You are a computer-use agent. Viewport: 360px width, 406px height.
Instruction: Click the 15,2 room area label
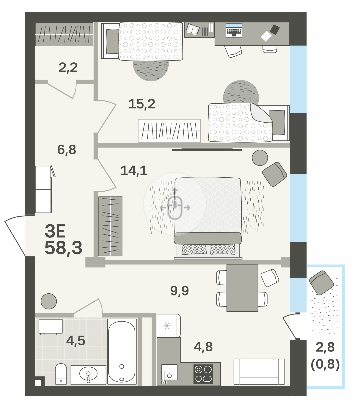[x=142, y=104]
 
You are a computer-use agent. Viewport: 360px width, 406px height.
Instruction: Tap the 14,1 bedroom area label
[x=134, y=171]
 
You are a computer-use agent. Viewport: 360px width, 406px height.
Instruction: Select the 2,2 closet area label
[x=68, y=68]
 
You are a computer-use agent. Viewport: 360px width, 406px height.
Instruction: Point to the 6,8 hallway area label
[x=67, y=149]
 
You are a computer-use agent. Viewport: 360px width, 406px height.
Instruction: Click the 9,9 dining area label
[x=180, y=290]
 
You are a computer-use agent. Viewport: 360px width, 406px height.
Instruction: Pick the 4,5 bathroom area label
[x=76, y=341]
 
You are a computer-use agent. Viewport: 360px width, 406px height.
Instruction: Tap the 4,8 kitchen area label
[x=203, y=347]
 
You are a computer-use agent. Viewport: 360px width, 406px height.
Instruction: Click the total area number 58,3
[x=63, y=248]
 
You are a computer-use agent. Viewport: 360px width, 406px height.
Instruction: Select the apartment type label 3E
[x=55, y=231]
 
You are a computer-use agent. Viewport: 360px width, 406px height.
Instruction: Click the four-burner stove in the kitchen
[x=203, y=374]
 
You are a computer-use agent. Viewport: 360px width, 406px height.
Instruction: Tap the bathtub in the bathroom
[x=122, y=351]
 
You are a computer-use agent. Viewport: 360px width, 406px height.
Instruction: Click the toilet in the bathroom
[x=61, y=374]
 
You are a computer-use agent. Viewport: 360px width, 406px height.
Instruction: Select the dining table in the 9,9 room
[x=242, y=288]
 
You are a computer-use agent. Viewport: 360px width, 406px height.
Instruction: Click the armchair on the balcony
[x=321, y=282]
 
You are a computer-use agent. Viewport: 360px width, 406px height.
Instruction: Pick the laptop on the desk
[x=234, y=30]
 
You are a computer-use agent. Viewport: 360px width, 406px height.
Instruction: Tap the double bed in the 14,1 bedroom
[x=208, y=217]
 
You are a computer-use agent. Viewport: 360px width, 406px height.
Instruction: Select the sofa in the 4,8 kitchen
[x=259, y=371]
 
